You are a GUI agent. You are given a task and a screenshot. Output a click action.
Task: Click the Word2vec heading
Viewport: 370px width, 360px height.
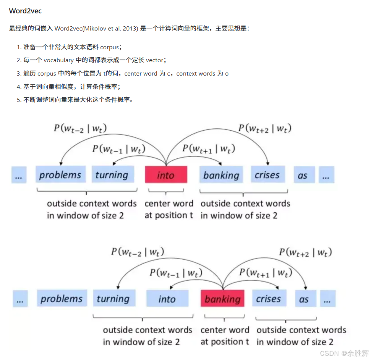tap(25, 11)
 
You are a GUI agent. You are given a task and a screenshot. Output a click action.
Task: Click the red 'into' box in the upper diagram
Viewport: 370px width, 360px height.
tap(166, 175)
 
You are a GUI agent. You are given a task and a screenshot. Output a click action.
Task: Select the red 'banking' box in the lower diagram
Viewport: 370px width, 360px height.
tap(222, 299)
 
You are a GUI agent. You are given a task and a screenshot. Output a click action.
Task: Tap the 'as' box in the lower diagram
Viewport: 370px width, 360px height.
tap(304, 299)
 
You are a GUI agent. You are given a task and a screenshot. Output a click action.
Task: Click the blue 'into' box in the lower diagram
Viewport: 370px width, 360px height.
tap(167, 299)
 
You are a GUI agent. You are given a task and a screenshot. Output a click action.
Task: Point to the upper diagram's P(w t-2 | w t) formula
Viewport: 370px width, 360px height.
tap(80, 128)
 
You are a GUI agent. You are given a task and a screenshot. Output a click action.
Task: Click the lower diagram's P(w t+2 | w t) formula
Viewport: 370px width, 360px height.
tap(305, 252)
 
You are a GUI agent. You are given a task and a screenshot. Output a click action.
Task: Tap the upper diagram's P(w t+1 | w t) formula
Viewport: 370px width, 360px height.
tap(208, 148)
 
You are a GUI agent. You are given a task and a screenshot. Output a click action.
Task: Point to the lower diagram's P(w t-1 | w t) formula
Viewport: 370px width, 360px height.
tap(176, 273)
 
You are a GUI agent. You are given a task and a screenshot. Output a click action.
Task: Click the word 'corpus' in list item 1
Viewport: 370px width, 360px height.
tap(109, 47)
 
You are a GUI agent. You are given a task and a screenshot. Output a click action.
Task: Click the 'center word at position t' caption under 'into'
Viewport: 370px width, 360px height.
tap(169, 209)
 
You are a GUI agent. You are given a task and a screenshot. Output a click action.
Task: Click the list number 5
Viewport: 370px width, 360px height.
tap(18, 100)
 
